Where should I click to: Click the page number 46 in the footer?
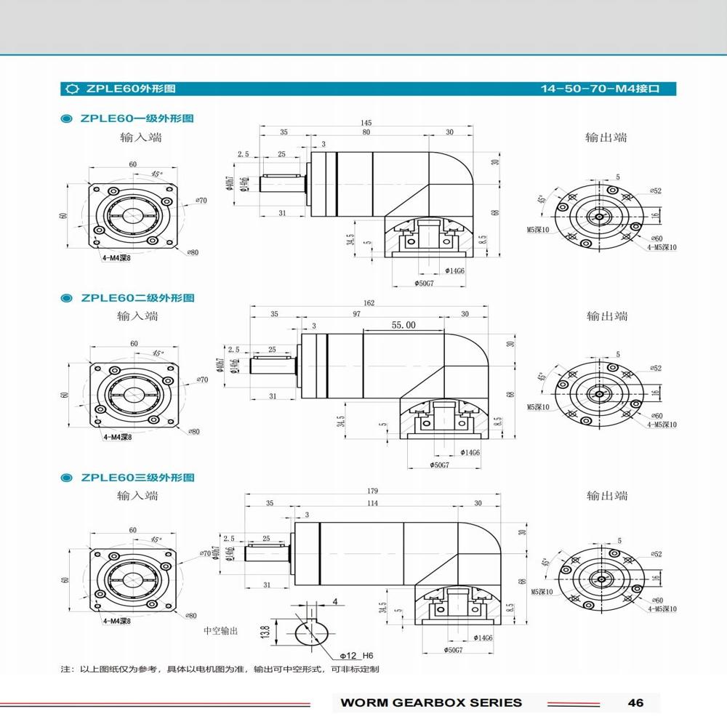[635, 702]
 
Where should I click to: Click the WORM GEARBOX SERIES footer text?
[431, 702]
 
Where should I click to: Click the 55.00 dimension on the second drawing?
[403, 325]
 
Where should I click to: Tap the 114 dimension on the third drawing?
[372, 503]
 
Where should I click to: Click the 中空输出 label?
[220, 631]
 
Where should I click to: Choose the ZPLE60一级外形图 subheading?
[137, 118]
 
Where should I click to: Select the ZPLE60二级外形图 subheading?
[137, 297]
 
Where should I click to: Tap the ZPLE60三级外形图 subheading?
[137, 478]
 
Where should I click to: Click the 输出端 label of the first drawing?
[606, 137]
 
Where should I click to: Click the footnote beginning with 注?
[219, 669]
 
